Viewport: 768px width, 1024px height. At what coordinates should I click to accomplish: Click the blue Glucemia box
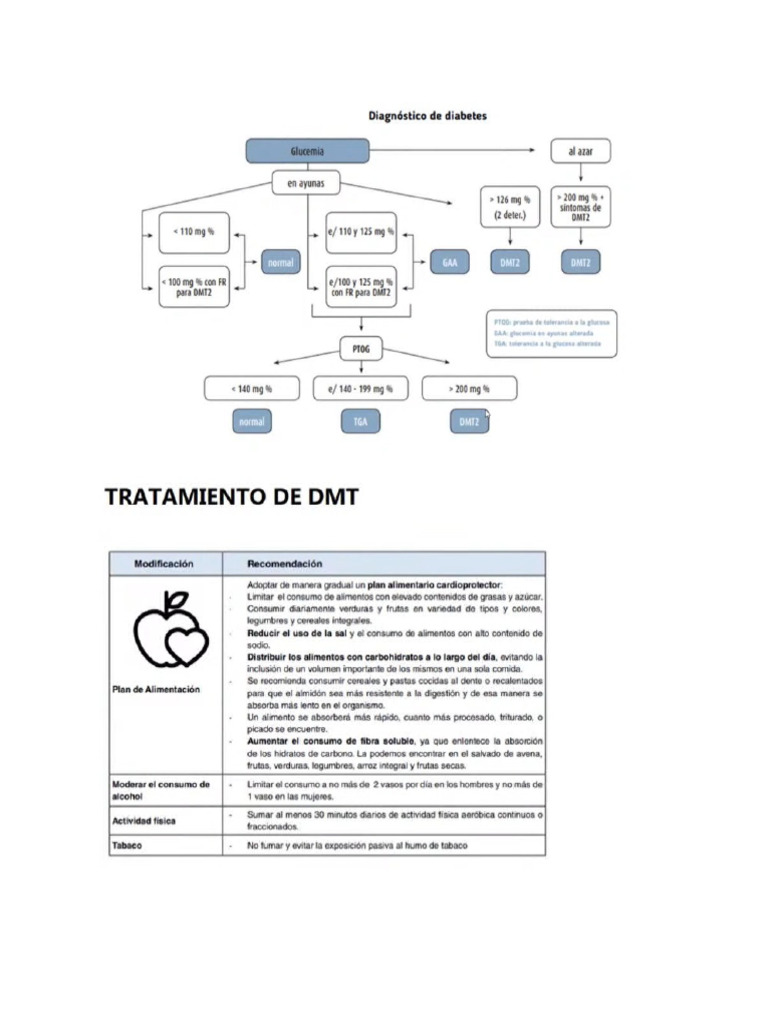pyautogui.click(x=307, y=151)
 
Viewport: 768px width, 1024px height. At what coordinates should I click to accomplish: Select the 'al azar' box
pyautogui.click(x=580, y=151)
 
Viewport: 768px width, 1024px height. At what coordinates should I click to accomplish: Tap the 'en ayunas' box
pyautogui.click(x=306, y=183)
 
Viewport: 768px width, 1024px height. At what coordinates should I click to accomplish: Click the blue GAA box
pyautogui.click(x=448, y=263)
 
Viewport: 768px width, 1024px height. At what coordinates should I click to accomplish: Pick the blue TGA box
pyautogui.click(x=360, y=422)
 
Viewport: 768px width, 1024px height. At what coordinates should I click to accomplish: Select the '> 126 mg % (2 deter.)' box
pyautogui.click(x=510, y=207)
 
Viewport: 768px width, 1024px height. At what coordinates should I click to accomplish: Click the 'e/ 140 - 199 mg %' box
pyautogui.click(x=360, y=388)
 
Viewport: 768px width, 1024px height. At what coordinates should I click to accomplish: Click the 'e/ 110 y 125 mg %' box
pyautogui.click(x=360, y=233)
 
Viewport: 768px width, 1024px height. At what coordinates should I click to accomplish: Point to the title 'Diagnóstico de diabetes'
pyautogui.click(x=428, y=116)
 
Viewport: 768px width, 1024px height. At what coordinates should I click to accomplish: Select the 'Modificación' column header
pyautogui.click(x=164, y=564)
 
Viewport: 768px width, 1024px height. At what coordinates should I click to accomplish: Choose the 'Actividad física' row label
pyautogui.click(x=145, y=820)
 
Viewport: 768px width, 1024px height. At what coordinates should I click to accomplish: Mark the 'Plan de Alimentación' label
pyautogui.click(x=156, y=689)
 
